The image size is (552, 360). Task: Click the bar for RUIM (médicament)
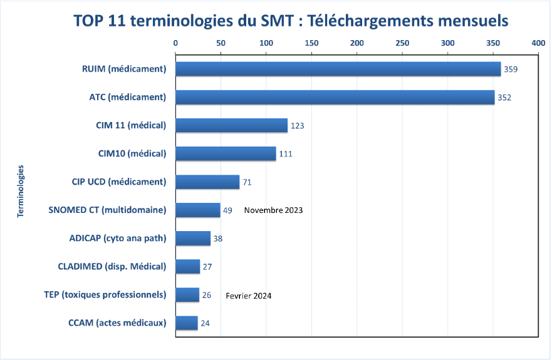[x=338, y=69]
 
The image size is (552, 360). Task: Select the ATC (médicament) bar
[x=335, y=97]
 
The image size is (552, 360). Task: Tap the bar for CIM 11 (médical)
[x=231, y=125]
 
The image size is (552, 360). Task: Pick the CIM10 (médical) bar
[x=226, y=153]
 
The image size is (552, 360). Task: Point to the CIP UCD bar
[x=207, y=182]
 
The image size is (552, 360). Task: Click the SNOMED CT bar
[x=198, y=210]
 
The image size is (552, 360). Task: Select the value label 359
[x=510, y=69]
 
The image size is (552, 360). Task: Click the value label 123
[x=297, y=126]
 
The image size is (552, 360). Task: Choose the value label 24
[x=205, y=323]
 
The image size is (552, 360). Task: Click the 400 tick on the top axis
[x=538, y=43]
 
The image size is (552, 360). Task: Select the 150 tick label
[x=311, y=43]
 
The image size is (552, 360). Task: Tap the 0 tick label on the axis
[x=175, y=43]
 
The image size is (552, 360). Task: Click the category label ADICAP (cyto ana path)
[x=117, y=238]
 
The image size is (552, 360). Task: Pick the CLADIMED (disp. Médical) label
[x=112, y=266]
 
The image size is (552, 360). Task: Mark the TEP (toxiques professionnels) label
[x=105, y=294]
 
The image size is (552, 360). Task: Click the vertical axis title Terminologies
[x=21, y=190]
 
